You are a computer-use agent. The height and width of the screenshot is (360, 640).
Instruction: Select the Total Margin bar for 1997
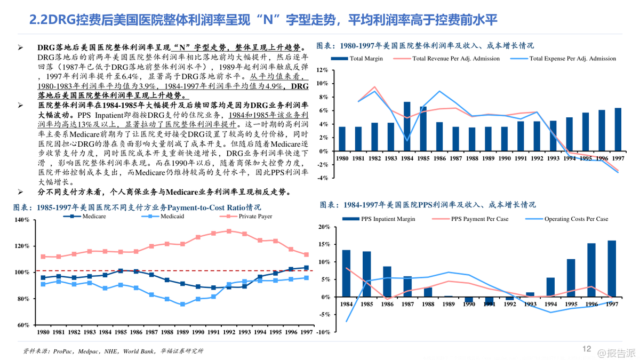click(618, 130)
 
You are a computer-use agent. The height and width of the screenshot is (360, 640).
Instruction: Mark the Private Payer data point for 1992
click(229, 231)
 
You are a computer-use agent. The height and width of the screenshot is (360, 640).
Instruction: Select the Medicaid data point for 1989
click(182, 305)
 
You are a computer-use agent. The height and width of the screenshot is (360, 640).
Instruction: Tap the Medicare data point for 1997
click(306, 267)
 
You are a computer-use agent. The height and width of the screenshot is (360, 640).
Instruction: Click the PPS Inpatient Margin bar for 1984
click(346, 273)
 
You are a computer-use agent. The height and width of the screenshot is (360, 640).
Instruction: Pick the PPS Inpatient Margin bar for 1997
click(612, 269)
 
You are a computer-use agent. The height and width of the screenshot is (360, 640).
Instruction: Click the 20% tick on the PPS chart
click(324, 227)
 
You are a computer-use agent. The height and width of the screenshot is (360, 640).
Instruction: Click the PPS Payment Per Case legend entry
click(479, 219)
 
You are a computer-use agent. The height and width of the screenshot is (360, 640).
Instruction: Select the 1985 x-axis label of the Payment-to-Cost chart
click(121, 332)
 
